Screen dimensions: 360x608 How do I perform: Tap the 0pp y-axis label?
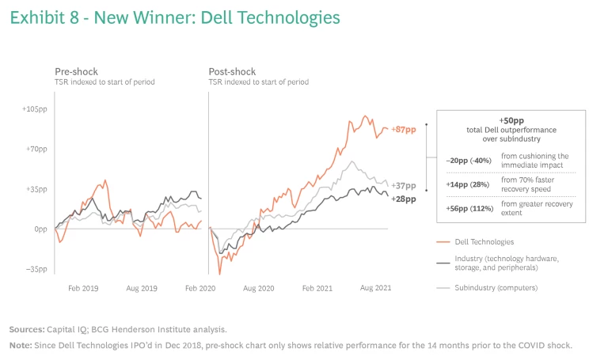(41, 229)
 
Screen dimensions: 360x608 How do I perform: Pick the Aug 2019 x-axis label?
(142, 290)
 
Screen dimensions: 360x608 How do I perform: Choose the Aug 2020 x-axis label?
(258, 290)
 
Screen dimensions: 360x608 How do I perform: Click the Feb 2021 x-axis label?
(318, 290)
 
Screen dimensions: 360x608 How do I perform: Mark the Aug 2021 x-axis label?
(376, 290)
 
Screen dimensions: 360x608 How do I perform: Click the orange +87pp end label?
(403, 129)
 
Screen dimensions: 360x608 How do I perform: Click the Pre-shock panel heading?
(75, 71)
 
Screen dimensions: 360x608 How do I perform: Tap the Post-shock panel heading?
(231, 71)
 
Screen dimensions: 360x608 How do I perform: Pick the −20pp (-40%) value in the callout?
(469, 161)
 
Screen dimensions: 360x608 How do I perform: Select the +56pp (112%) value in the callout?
(469, 208)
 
